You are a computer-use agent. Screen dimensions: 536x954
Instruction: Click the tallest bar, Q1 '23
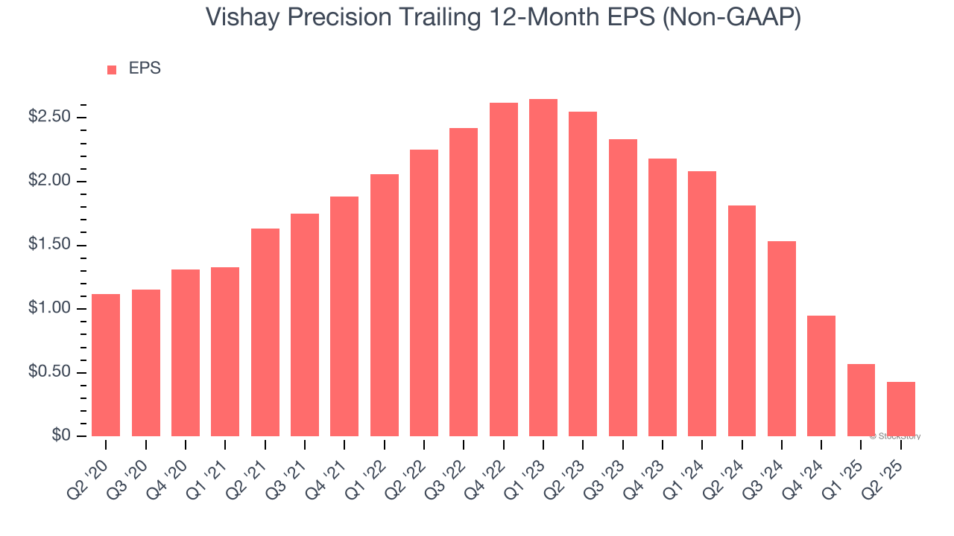[543, 268]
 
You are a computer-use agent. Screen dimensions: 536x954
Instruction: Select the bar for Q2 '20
[106, 365]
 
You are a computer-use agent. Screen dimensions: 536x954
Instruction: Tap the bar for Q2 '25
[901, 409]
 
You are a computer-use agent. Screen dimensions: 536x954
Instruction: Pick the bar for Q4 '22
[504, 269]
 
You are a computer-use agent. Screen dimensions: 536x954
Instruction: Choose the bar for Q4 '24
[821, 376]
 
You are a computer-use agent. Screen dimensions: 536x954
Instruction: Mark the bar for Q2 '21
[265, 332]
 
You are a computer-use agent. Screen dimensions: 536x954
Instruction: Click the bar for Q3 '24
[782, 339]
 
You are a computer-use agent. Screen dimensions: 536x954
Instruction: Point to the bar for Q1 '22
[385, 305]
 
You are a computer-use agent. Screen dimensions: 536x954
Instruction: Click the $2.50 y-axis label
[49, 118]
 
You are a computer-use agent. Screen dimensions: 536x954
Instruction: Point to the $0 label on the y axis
[61, 436]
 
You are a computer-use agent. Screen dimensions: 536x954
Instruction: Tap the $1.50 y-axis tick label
[49, 246]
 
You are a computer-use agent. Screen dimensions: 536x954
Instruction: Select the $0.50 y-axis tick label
[49, 373]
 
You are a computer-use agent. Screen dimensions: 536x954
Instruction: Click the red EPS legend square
[112, 69]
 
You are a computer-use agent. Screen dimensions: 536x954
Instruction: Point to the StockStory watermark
[894, 436]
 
